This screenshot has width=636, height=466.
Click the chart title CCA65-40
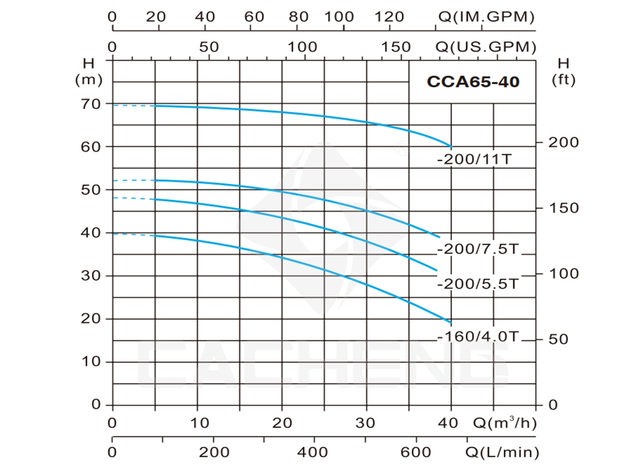point(473,82)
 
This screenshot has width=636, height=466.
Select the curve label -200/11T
point(474,159)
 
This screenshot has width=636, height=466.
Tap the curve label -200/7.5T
point(478,248)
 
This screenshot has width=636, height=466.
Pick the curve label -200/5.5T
point(478,284)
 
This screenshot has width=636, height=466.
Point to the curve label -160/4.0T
point(478,336)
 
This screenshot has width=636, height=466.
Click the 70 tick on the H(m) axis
point(90,105)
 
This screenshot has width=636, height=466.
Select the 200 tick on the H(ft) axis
point(563,143)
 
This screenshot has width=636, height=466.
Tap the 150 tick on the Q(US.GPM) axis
point(395,47)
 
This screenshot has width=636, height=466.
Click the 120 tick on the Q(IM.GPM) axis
point(389,16)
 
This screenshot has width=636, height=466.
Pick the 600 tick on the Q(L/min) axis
point(416,452)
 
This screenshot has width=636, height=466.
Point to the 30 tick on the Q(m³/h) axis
point(365,423)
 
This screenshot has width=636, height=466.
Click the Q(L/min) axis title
point(502,452)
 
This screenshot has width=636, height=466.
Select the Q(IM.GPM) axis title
point(486,16)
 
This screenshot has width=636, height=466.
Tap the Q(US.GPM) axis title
point(486,47)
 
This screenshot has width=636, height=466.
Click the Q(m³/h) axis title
point(505,423)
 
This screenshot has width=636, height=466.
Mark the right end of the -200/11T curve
point(451,146)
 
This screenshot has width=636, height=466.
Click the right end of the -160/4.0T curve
point(451,323)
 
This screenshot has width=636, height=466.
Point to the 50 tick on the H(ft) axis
point(559,339)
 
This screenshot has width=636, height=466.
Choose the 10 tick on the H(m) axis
point(90,361)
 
